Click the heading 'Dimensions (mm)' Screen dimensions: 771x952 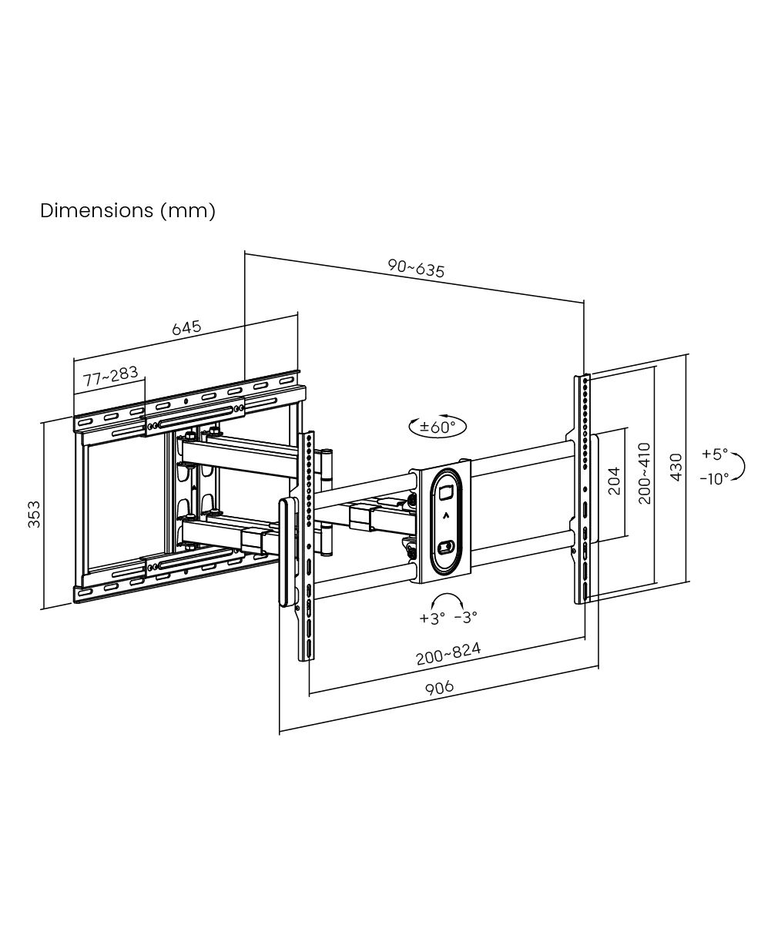click(x=128, y=210)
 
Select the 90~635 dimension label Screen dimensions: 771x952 click(x=416, y=268)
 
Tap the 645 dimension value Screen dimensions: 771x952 click(x=186, y=327)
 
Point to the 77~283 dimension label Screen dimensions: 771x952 click(x=111, y=377)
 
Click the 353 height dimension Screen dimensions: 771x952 click(x=34, y=514)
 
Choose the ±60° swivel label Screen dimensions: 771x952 click(x=437, y=427)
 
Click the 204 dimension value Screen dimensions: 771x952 click(x=614, y=481)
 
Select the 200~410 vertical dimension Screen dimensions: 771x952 click(x=644, y=474)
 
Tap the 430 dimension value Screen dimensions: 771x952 click(x=676, y=467)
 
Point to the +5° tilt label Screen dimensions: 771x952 click(x=715, y=454)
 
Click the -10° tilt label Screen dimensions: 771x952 click(x=714, y=479)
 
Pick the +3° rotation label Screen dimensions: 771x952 click(x=432, y=618)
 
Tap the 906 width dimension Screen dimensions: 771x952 click(x=439, y=688)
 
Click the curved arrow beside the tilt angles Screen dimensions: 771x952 click(x=740, y=467)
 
